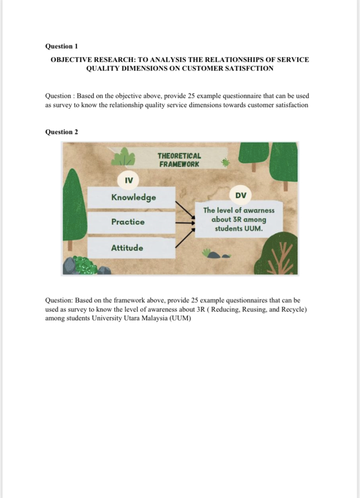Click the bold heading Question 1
click(x=61, y=46)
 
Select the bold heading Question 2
click(x=61, y=132)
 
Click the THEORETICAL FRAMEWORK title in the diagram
click(x=179, y=160)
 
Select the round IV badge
click(x=129, y=180)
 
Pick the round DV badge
click(x=240, y=195)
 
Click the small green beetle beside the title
click(x=225, y=163)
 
